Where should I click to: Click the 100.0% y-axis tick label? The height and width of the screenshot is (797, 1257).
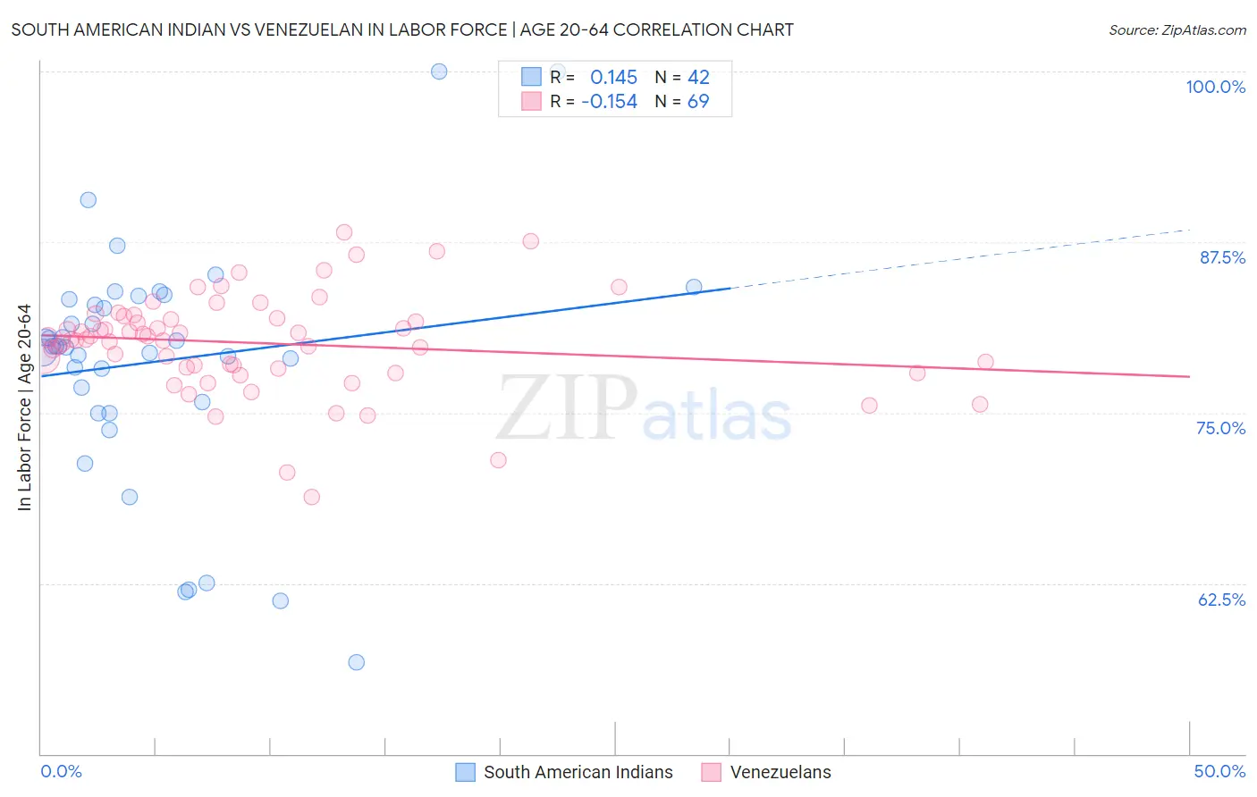point(1215,87)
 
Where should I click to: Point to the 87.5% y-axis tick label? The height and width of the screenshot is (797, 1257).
point(1222,257)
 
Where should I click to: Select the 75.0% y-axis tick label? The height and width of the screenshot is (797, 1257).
point(1220,428)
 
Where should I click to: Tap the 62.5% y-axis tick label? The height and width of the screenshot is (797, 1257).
point(1221,600)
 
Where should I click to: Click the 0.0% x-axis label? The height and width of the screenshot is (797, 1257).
point(61,771)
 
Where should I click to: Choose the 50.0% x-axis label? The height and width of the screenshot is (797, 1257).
point(1219,771)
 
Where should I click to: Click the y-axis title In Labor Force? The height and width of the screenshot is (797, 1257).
point(24,407)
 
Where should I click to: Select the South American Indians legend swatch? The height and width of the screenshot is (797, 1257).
point(465,772)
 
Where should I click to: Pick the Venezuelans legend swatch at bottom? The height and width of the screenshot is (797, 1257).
point(711,772)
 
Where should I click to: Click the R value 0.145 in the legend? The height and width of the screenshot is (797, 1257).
point(613,77)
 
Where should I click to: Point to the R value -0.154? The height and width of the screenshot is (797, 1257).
point(609,102)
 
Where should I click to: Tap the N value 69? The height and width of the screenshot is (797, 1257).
point(698,102)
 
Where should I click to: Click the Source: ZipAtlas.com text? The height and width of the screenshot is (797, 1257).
point(1177,30)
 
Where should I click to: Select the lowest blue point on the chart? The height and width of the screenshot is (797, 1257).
point(356,662)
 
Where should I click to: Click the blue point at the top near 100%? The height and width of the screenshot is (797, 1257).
point(439,71)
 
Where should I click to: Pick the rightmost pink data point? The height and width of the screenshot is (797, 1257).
point(985,362)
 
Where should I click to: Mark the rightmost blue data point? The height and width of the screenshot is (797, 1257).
point(694,287)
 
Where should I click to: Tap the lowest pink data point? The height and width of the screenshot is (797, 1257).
point(311,497)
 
